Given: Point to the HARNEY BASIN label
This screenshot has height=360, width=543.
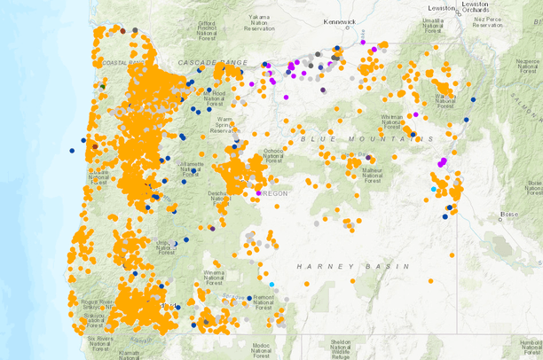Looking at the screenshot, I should [x=352, y=266].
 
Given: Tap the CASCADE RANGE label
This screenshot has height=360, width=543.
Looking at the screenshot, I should [x=214, y=63].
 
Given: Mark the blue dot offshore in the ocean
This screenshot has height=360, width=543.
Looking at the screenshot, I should [x=72, y=151].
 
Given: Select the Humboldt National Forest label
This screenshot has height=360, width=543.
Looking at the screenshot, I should [x=531, y=346].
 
